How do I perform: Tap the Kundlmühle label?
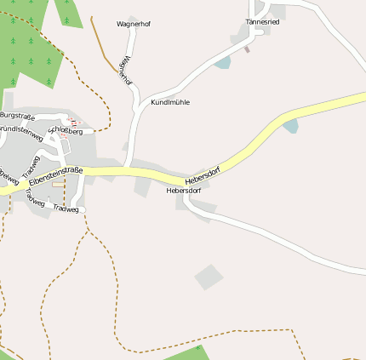point(170,102)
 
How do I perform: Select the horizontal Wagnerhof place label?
point(134,24)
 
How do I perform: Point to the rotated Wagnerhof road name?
point(126,70)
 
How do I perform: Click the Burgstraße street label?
point(19,114)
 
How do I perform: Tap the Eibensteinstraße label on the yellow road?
point(55,175)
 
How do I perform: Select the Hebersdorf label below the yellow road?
point(184,191)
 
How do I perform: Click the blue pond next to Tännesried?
point(222,63)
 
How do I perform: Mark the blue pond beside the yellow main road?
point(290,127)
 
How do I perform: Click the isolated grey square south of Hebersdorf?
point(209,276)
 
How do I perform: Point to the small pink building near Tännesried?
point(247,49)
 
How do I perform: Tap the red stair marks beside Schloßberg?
point(71,122)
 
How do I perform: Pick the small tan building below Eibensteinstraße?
point(58,183)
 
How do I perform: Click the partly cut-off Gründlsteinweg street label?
point(20,133)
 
